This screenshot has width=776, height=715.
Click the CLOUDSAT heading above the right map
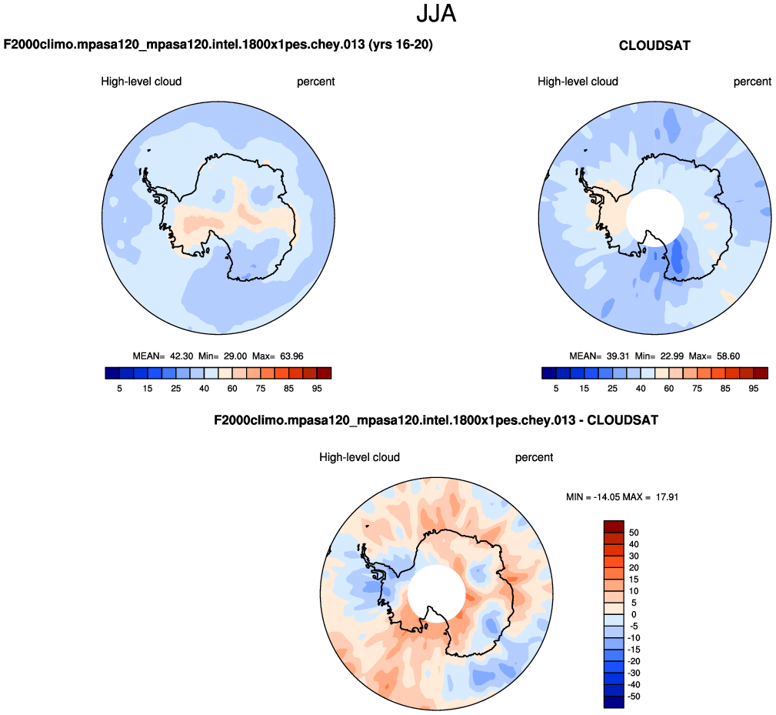(x=654, y=46)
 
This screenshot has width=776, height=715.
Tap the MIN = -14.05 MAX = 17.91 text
(x=621, y=497)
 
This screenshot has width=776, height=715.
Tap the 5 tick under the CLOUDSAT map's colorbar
(x=556, y=389)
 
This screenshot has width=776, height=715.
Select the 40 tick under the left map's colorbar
(x=205, y=389)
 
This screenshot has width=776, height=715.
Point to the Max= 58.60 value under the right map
(x=716, y=356)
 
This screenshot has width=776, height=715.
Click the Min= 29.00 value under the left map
(x=223, y=356)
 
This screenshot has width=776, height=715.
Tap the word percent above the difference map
(x=534, y=457)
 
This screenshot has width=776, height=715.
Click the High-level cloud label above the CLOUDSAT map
(x=578, y=82)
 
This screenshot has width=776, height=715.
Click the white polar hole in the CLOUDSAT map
(x=654, y=218)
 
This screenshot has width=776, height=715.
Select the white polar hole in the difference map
(x=436, y=593)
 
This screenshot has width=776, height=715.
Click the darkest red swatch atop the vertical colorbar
(x=614, y=526)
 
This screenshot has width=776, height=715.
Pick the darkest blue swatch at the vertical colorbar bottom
(x=614, y=701)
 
